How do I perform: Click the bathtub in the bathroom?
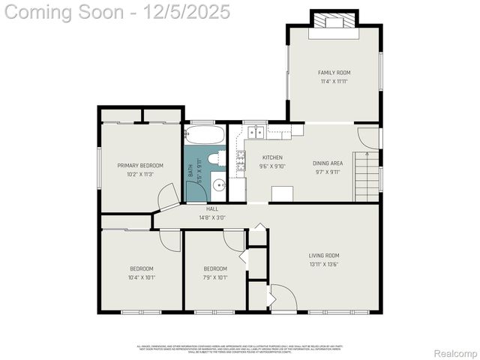click(204, 135)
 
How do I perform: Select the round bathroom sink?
click(217, 184)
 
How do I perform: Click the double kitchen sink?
click(256, 133)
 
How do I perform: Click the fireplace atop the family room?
click(334, 22)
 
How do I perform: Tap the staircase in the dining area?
click(367, 175)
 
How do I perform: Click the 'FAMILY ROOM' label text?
click(334, 73)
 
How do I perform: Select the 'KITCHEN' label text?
click(250, 157)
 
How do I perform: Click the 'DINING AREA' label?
click(328, 163)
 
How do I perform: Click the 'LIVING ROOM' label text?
click(324, 255)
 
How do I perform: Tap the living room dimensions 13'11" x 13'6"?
click(324, 264)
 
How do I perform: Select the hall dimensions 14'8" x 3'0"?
click(212, 217)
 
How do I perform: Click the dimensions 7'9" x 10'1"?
click(215, 277)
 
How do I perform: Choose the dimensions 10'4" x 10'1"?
click(141, 277)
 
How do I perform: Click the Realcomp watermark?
click(456, 353)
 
